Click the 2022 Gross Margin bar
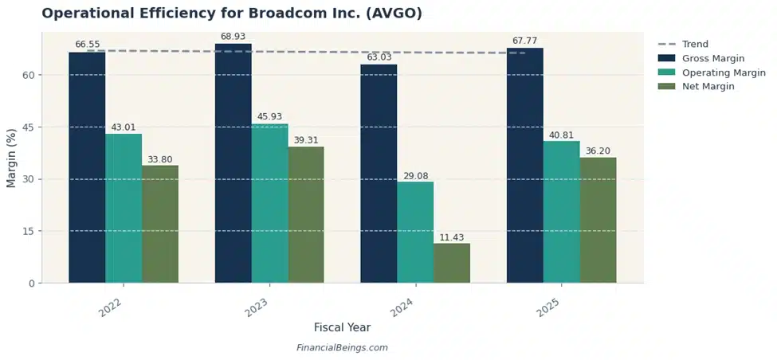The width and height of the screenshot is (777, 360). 87,167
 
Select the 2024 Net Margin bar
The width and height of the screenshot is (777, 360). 452,263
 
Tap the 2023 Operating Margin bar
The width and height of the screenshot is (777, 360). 269,203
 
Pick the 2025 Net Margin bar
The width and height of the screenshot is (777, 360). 598,220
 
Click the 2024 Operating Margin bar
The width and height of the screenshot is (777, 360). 415,232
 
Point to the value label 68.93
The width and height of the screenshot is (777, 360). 233,37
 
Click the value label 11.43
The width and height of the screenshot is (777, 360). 452,237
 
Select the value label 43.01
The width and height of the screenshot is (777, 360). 124,127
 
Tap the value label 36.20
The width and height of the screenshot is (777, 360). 598,151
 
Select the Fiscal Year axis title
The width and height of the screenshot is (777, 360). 342,327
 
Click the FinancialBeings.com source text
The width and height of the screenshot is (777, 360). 342,348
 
